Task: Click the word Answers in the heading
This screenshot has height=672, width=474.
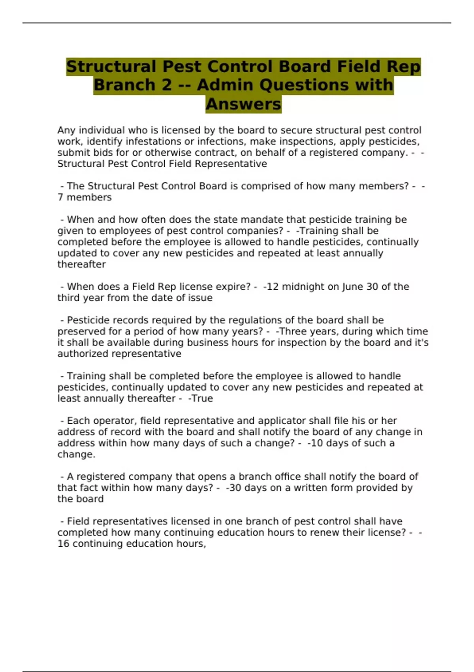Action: (x=243, y=104)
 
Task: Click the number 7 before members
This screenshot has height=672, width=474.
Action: (x=60, y=197)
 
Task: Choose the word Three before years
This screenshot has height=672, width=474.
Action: (x=295, y=331)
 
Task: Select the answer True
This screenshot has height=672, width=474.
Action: (x=202, y=398)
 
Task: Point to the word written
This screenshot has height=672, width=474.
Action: (x=309, y=488)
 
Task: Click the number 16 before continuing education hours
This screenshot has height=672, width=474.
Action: (x=63, y=544)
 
